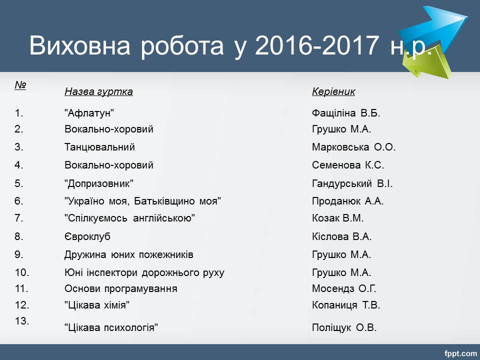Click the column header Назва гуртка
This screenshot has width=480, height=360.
point(98,91)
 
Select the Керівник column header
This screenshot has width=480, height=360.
point(333,91)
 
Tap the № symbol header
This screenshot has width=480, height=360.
point(20,85)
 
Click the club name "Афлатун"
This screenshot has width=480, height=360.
point(89,113)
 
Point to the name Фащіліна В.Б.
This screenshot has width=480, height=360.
point(346,113)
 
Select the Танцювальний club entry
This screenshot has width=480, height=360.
point(99,147)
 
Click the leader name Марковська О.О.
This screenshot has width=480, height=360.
point(354,147)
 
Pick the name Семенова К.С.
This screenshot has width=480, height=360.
point(348,165)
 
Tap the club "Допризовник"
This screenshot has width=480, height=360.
point(99,183)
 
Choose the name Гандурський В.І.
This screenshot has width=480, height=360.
point(352,183)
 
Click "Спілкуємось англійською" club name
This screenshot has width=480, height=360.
point(130,218)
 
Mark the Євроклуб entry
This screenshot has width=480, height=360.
point(87,236)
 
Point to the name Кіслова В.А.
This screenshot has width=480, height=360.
point(341,236)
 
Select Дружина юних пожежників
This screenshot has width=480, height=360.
point(129,254)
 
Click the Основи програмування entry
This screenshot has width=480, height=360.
point(121,288)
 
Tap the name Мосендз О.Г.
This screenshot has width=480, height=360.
point(344,288)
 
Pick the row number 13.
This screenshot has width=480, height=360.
point(22,321)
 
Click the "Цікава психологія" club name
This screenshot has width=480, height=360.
point(111,328)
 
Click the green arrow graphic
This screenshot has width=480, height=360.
point(428,63)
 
